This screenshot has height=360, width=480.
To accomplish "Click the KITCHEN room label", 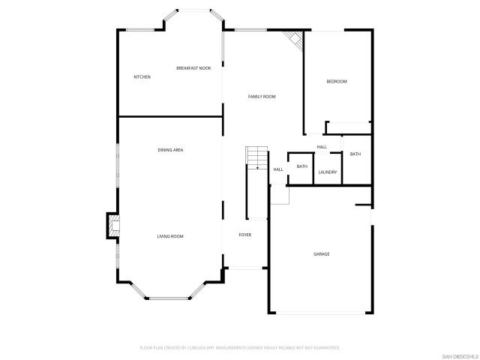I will pos(142,77).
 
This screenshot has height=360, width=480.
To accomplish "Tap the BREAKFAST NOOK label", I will pos(193,68).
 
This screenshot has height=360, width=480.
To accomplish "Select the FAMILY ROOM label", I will pos(262,97).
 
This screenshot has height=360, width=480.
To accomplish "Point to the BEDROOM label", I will pos(337,81).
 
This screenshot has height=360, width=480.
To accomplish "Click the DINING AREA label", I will pos(170,150).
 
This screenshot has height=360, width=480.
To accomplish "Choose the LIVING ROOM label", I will pos(170,236).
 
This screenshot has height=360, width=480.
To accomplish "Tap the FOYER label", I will pos(245,235).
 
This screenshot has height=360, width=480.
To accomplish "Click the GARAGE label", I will pos(321,253).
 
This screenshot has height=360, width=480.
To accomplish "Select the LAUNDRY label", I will pos(327,172).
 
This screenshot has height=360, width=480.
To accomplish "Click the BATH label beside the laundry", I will pos(301,166).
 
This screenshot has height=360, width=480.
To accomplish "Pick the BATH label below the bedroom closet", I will pos(355,154).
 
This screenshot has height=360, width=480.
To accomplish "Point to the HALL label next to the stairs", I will pos(277,169).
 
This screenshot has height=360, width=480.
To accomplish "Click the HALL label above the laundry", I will pos(322,147).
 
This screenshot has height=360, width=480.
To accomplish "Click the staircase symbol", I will pos(257,158).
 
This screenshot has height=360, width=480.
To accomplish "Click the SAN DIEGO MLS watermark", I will pos(458,354).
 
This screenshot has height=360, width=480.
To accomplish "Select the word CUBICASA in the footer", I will pos(201,348).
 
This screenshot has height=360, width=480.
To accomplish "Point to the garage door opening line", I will pos(321,313).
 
